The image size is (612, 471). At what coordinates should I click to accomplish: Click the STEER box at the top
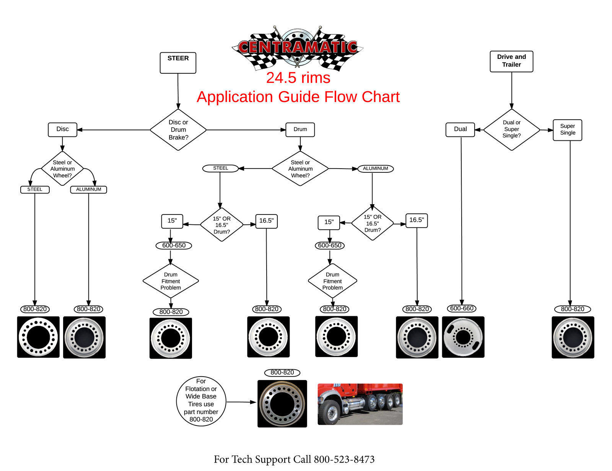point(178,63)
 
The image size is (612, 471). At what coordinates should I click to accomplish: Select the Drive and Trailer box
point(511,61)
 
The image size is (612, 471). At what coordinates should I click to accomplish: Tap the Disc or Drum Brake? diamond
point(178,130)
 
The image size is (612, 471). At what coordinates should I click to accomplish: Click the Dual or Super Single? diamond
point(511,129)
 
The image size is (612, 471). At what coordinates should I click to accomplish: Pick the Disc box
point(62,129)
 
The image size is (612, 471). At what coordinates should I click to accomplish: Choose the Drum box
point(300,129)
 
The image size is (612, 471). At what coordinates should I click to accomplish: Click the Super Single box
point(567,130)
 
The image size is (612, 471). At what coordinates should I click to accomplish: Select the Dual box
point(460,129)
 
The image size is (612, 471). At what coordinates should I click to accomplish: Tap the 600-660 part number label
point(462,308)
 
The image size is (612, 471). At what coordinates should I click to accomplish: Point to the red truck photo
point(360,404)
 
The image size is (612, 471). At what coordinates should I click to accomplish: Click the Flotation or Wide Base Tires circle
point(201,400)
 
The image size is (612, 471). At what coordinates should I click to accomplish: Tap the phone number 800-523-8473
point(344,459)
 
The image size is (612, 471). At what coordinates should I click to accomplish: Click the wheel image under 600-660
point(463,337)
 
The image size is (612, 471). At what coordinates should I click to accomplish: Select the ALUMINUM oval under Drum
point(375,169)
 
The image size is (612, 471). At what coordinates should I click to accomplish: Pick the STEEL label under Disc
point(35,190)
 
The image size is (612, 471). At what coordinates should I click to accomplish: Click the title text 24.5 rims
point(298,78)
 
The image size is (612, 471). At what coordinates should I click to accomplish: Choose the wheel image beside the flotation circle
point(282,403)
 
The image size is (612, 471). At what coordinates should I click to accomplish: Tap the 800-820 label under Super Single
point(572,309)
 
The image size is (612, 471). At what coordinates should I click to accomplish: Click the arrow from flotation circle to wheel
point(241,402)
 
